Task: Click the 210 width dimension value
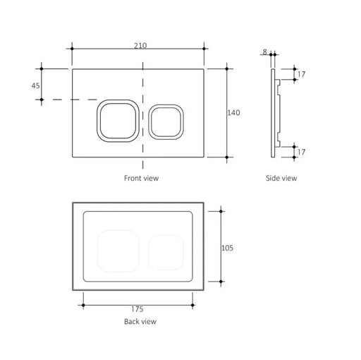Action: [x=140, y=45]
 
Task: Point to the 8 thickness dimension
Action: [x=264, y=52]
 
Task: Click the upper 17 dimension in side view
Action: [x=302, y=74]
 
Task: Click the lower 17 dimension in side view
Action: [x=302, y=151]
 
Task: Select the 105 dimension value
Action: [x=228, y=247]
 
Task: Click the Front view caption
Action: [x=141, y=179]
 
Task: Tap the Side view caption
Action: [x=281, y=179]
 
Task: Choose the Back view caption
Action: [x=140, y=322]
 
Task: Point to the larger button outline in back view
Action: [x=117, y=251]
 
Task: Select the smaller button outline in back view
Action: [x=166, y=252]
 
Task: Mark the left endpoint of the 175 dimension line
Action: [x=84, y=306]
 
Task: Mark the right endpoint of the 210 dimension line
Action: [x=204, y=49]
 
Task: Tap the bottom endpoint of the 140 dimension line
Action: [x=227, y=156]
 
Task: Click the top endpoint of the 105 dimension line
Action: [x=221, y=210]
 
